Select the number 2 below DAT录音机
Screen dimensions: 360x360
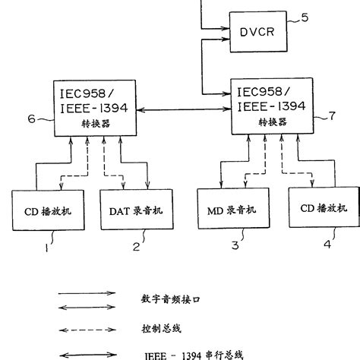137,247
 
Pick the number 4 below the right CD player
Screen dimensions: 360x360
328,245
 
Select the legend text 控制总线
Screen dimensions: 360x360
162,328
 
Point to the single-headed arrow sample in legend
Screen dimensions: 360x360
87,292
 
